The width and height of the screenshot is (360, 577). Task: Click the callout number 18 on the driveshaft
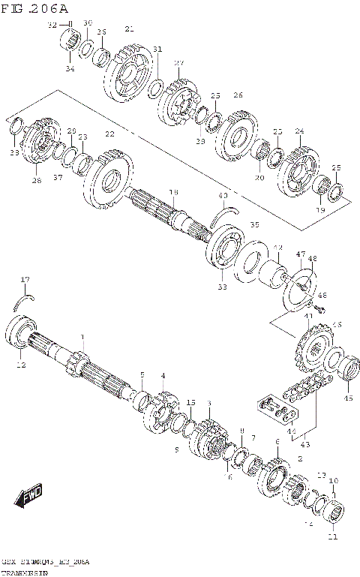click(x=173, y=193)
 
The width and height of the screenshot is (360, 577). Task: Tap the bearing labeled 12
click(x=19, y=333)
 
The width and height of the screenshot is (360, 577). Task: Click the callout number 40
click(x=223, y=197)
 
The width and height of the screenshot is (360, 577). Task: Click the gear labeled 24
click(x=298, y=170)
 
